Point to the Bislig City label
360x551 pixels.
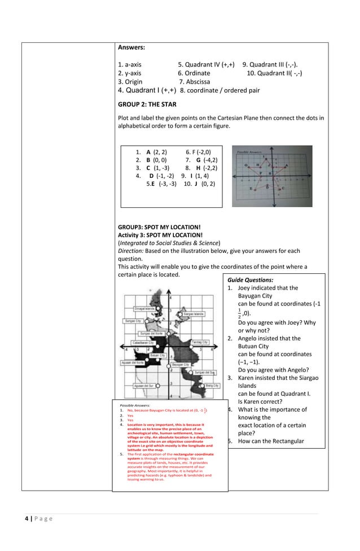tap(212, 386)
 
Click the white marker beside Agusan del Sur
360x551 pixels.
tap(159, 386)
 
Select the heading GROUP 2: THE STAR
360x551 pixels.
tap(147, 104)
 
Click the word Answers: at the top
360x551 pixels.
tap(131, 47)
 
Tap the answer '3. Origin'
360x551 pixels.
tap(130, 82)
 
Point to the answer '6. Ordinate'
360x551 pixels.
tap(194, 73)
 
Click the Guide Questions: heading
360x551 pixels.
tap(251, 279)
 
